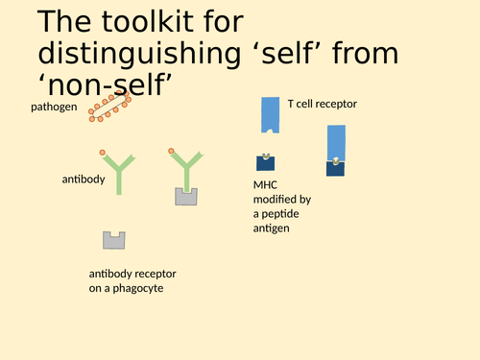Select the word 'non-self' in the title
point(105,86)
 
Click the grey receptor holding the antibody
point(186,197)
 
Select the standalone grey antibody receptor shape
point(115,239)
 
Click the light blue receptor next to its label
point(269,115)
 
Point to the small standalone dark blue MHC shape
point(265,162)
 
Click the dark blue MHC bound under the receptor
point(336,168)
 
